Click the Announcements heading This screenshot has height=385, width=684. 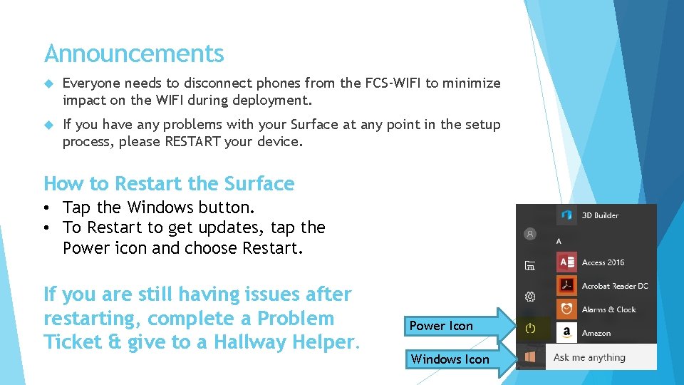click(x=133, y=53)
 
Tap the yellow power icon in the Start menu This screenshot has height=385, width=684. click(x=529, y=328)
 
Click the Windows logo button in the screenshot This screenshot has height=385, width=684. click(x=529, y=356)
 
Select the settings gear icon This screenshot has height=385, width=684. click(x=529, y=297)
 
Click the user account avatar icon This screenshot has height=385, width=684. click(x=529, y=233)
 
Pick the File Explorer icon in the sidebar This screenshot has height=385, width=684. click(x=529, y=266)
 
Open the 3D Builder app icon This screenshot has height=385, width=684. click(x=567, y=215)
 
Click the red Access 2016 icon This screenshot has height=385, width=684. click(x=567, y=262)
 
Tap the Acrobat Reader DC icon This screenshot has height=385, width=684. click(x=567, y=285)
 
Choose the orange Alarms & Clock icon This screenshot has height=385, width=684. click(x=567, y=309)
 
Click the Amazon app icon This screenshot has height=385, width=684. click(x=567, y=332)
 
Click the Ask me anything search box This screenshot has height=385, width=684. click(x=602, y=357)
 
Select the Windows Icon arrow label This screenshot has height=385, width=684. click(x=450, y=359)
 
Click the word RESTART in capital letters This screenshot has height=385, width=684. click(x=192, y=141)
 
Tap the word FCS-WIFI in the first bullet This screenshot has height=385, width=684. click(x=393, y=83)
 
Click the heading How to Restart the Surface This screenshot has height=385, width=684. click(x=169, y=183)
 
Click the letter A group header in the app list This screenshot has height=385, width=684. click(x=559, y=241)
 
